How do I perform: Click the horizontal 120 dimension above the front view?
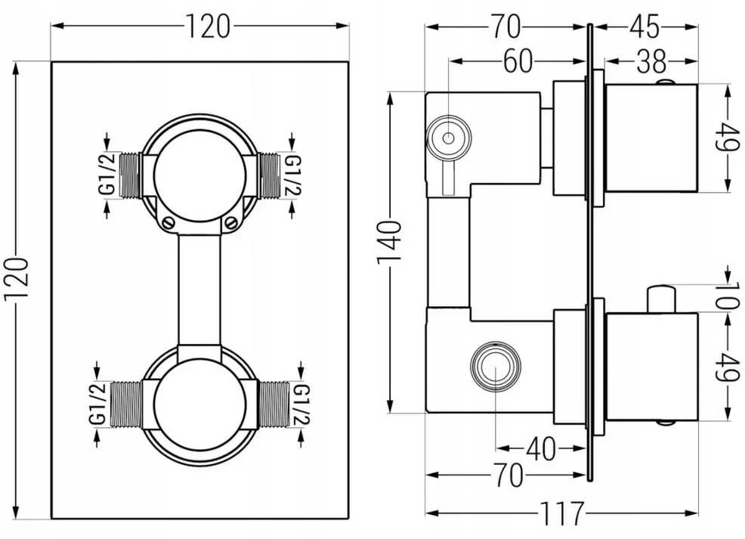(207, 26)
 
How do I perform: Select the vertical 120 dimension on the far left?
(17, 278)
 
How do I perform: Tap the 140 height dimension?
(390, 243)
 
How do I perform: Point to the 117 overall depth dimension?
(561, 513)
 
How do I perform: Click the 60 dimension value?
(518, 61)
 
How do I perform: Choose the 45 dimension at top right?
(645, 26)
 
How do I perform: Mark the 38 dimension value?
(651, 61)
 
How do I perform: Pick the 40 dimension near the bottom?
(541, 448)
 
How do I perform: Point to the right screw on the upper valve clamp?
(231, 222)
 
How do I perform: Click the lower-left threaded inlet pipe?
(126, 404)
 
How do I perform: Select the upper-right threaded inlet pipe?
(269, 175)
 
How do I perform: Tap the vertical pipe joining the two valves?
(199, 290)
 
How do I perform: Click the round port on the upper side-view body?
(449, 138)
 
